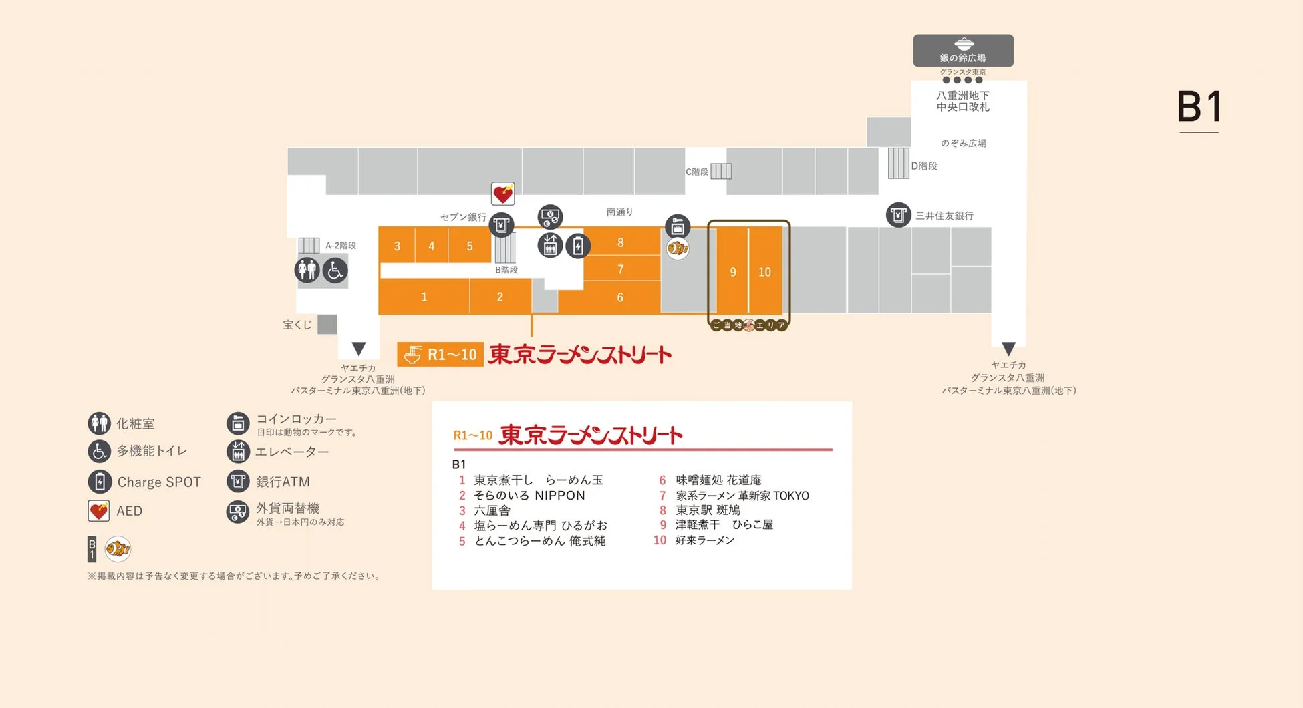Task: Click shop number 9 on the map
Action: [733, 272]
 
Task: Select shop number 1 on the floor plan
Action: [424, 297]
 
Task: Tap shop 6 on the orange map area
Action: [620, 297]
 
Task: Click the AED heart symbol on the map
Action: [502, 194]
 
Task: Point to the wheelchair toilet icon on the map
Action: [335, 271]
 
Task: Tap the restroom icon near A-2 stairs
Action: [307, 271]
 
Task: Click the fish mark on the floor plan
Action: [678, 248]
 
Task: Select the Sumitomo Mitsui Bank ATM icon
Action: [898, 215]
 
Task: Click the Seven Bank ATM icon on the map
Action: [501, 224]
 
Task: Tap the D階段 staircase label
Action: [924, 166]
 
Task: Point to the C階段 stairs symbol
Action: [721, 171]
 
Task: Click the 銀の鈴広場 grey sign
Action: [963, 51]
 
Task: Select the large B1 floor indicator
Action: [1199, 107]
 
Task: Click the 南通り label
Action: [619, 212]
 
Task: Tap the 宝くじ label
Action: [297, 325]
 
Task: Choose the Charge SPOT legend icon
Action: [100, 482]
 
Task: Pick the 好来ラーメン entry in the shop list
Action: [704, 540]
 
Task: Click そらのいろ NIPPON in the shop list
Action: [529, 495]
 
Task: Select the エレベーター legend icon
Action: [238, 452]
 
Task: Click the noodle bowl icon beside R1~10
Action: [413, 354]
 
